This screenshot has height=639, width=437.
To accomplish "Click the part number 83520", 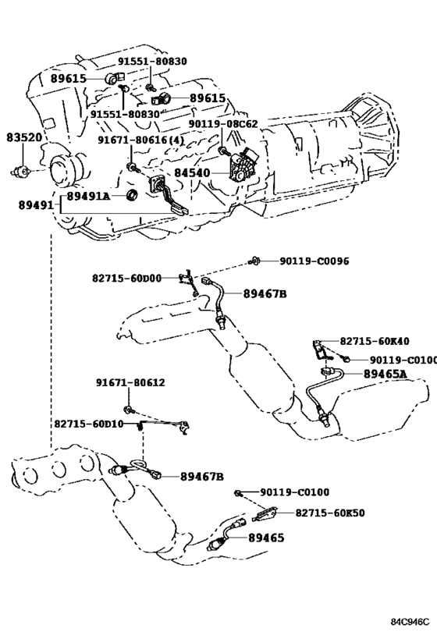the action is (x=24, y=137).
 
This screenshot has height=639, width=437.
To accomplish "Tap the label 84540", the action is (x=193, y=172).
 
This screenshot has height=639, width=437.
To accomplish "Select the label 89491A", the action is (x=88, y=197).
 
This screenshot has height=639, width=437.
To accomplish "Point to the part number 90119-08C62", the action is (x=223, y=123).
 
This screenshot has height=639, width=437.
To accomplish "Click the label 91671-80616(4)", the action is (x=140, y=140).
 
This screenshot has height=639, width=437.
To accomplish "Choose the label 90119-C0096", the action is (x=314, y=261).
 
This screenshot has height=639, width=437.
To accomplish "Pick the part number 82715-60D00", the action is (x=126, y=279).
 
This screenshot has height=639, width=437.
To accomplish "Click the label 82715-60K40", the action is (x=375, y=341).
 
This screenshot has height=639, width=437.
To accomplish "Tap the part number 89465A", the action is (x=385, y=374).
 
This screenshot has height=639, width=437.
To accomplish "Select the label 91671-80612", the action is (x=131, y=382).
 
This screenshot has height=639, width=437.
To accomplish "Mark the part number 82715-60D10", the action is (x=89, y=424).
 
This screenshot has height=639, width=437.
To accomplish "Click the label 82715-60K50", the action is (x=330, y=513).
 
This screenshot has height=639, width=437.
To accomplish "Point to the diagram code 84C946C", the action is (x=410, y=622).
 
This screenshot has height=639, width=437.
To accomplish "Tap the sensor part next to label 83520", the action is (x=22, y=172).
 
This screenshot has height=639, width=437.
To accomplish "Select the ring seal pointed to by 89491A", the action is (x=133, y=196).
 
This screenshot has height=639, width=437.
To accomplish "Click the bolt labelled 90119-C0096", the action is (x=254, y=261).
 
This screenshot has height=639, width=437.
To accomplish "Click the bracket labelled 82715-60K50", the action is (x=265, y=513).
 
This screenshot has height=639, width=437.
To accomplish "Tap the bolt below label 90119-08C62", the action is (x=222, y=151).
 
